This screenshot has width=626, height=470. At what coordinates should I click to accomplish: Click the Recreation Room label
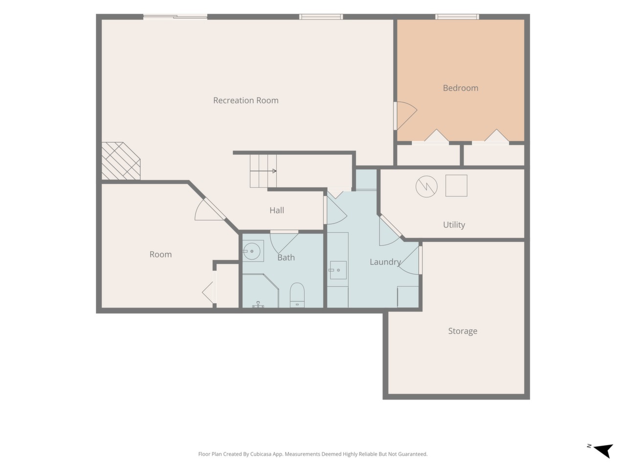click(246, 100)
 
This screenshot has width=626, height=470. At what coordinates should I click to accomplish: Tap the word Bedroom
click(460, 88)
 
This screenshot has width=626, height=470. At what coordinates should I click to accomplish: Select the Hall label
click(277, 211)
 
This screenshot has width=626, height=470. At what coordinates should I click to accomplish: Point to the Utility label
click(454, 225)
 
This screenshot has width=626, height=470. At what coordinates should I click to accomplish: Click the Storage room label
click(462, 331)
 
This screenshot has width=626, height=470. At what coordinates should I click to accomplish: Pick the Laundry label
click(385, 262)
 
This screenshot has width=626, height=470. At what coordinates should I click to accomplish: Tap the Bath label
click(286, 258)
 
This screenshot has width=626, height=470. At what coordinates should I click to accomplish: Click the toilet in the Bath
click(297, 295)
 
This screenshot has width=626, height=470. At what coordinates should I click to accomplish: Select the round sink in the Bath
click(252, 251)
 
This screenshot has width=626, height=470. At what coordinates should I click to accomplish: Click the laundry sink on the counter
click(338, 270)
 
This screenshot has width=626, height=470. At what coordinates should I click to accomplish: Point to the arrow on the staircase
click(263, 171)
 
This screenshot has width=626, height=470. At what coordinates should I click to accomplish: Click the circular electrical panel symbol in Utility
click(426, 187)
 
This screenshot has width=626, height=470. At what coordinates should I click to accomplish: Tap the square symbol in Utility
click(456, 186)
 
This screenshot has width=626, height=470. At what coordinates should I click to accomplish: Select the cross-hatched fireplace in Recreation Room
click(121, 161)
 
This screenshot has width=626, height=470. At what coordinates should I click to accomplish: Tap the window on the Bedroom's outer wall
click(457, 17)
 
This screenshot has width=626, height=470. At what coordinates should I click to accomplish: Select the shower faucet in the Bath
click(258, 305)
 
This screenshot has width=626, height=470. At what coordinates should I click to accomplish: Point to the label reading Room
click(160, 255)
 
